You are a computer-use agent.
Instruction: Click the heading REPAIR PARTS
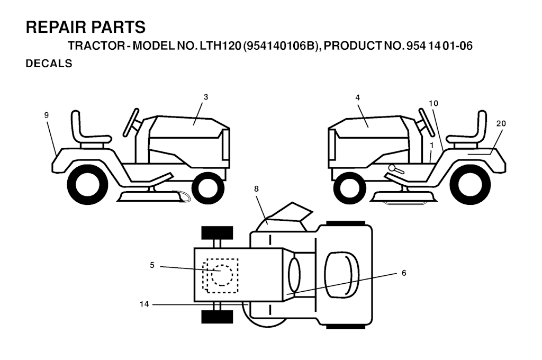[x=86, y=28]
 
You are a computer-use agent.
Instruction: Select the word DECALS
[x=49, y=64]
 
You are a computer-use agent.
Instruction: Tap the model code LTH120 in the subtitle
[x=219, y=46]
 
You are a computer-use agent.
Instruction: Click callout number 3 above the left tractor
[x=206, y=97]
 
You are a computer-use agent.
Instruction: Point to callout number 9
[x=47, y=115]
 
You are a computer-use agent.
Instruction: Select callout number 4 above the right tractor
[x=357, y=98]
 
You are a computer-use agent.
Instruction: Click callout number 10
[x=433, y=103]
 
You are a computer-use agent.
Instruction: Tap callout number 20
[x=501, y=123]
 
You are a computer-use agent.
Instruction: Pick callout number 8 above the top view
[x=256, y=189]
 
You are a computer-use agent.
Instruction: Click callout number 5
[x=152, y=265]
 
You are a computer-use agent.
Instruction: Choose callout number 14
[x=144, y=304]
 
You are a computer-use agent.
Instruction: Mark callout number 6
[x=404, y=273]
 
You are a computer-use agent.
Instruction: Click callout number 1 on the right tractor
[x=431, y=146]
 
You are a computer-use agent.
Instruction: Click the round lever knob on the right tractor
[x=392, y=167]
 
